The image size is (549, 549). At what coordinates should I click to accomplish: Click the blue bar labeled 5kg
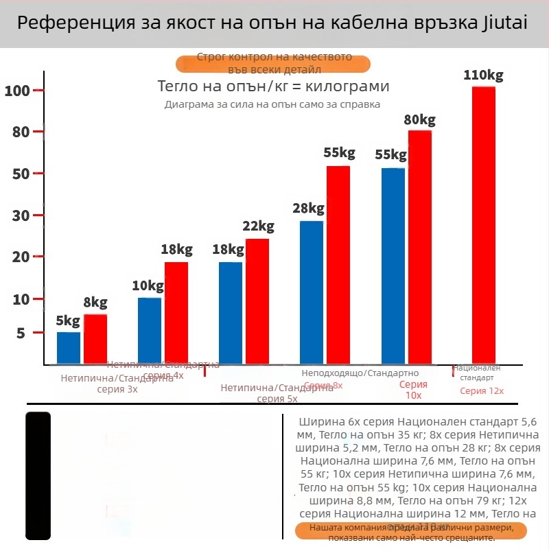69,348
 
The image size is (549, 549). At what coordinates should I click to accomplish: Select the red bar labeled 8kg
95,339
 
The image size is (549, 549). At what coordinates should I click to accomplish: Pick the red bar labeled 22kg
257,301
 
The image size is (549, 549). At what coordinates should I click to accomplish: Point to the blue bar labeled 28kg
312,292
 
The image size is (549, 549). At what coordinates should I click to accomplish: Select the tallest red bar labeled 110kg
483,225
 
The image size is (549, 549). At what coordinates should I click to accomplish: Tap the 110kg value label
483,75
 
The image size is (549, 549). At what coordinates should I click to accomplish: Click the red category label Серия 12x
482,391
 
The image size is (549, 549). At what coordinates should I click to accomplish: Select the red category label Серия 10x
413,390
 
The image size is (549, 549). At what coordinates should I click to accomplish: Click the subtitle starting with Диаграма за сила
272,104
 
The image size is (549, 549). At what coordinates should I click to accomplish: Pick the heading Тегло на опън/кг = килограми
273,87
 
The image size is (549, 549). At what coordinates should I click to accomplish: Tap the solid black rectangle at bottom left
38,475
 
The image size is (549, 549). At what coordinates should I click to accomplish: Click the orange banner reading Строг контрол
273,64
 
